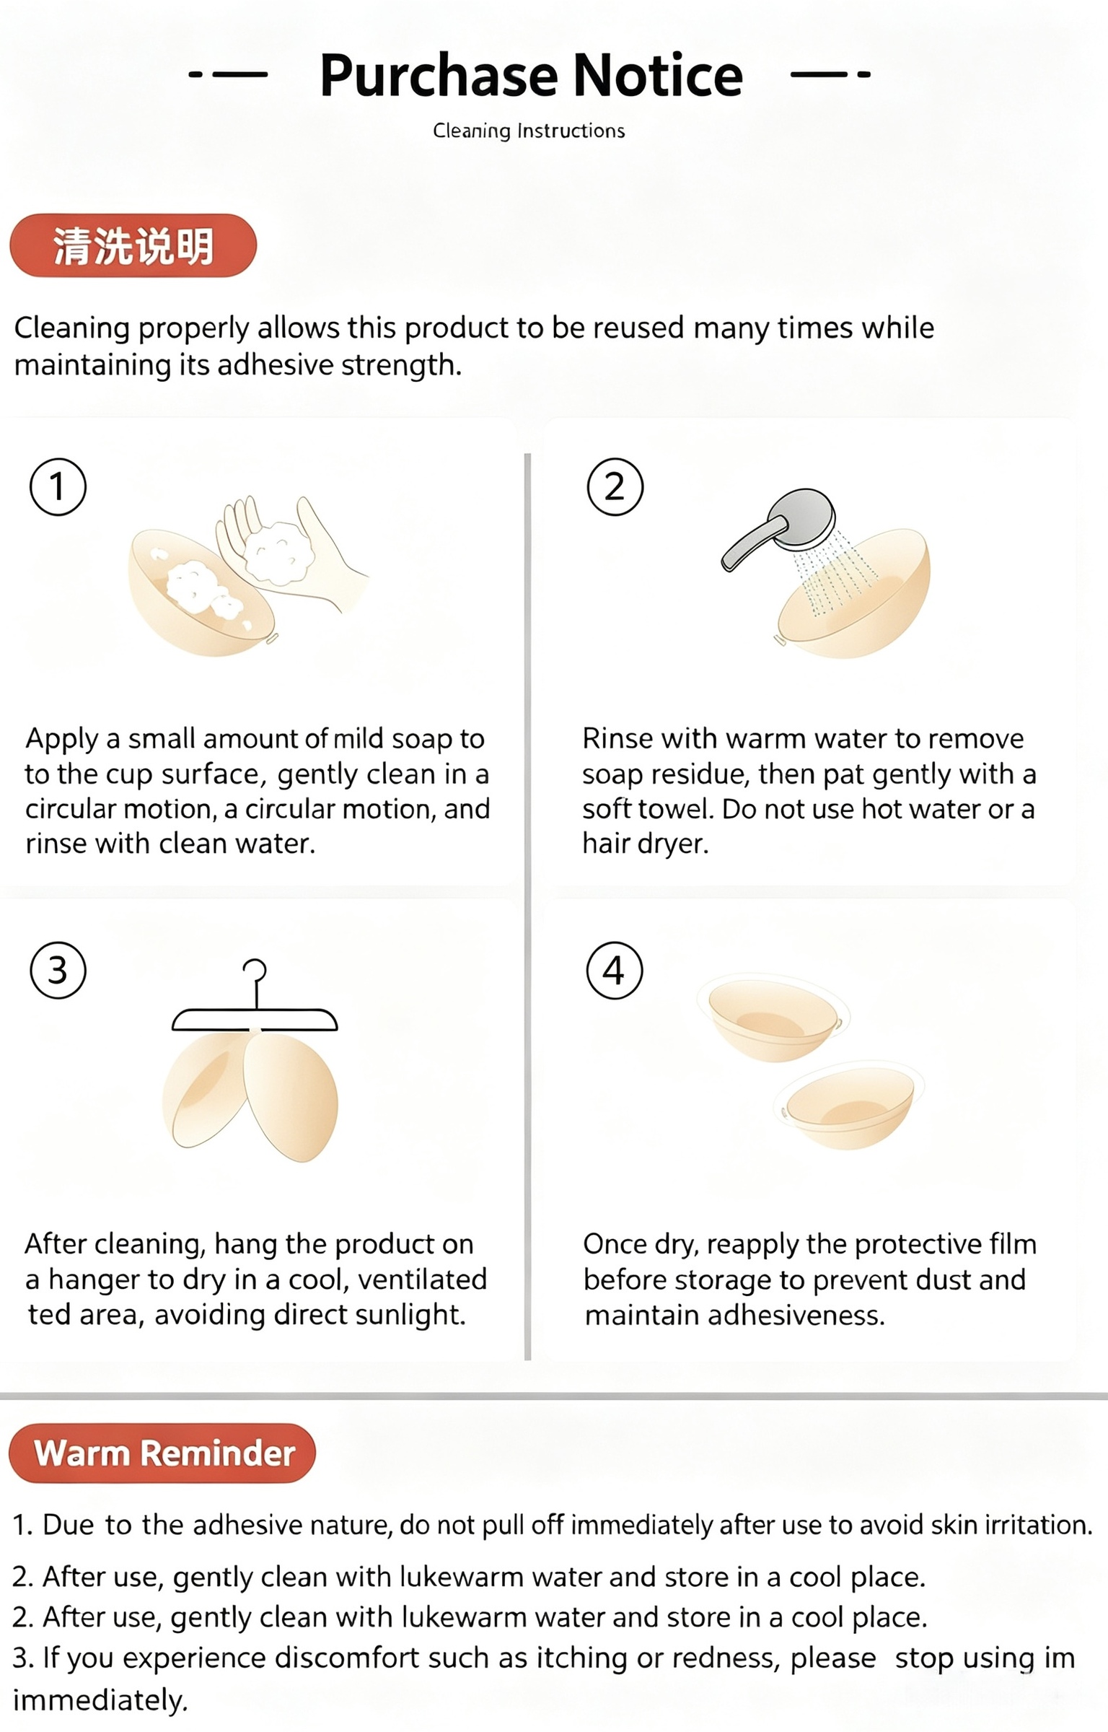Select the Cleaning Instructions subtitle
click(x=529, y=131)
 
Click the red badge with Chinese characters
click(x=133, y=245)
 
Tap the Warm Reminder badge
click(x=162, y=1453)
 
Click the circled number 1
click(x=58, y=486)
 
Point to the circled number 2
click(x=615, y=486)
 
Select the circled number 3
click(x=58, y=970)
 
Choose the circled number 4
click(x=614, y=970)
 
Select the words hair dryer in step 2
click(x=646, y=844)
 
